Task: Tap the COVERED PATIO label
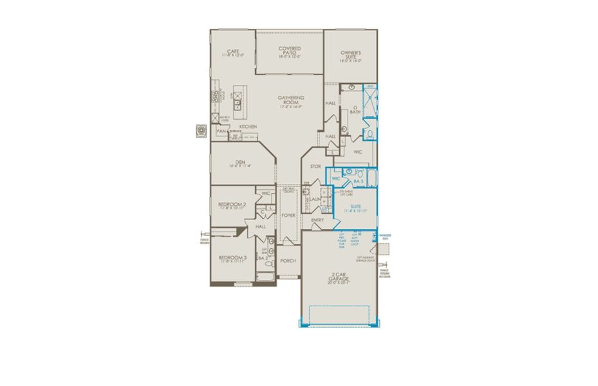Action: pos(290,50)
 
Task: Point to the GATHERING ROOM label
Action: pos(291,99)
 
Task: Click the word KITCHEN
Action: pos(248,127)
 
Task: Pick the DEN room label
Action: pos(239,163)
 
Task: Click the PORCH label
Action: pos(288,261)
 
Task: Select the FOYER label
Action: pos(288,216)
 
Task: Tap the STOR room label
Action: pos(315,167)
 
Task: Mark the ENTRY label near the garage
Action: pos(317,220)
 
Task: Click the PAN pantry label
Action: pos(221,131)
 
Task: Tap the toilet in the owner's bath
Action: pos(371,133)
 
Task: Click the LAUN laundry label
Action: pos(316,199)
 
